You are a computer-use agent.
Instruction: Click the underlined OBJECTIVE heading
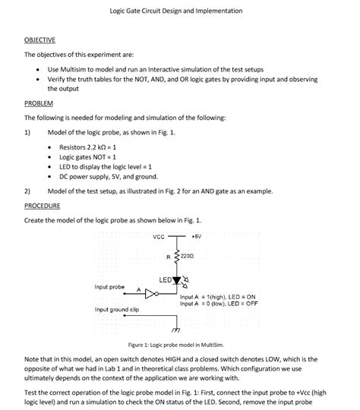coord(40,40)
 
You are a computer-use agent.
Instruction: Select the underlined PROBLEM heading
coord(39,102)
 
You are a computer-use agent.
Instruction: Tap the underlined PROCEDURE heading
coord(43,205)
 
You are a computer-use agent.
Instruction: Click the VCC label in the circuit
coord(158,236)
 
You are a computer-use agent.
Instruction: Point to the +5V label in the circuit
coord(196,236)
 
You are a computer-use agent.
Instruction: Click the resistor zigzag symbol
coord(178,257)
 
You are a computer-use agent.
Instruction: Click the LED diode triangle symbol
coord(178,281)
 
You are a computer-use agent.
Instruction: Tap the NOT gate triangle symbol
coord(150,292)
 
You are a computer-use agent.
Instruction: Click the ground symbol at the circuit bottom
coord(177,330)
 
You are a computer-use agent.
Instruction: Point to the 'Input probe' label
coord(109,286)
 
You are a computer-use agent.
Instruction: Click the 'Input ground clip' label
coord(116,310)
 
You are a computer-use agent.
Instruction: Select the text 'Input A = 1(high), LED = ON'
coord(218,296)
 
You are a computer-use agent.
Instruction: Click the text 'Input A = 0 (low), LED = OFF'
coord(219,303)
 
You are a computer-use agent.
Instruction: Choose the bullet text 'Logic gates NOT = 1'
coord(87,156)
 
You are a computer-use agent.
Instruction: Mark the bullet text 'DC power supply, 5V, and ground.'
coord(108,175)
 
